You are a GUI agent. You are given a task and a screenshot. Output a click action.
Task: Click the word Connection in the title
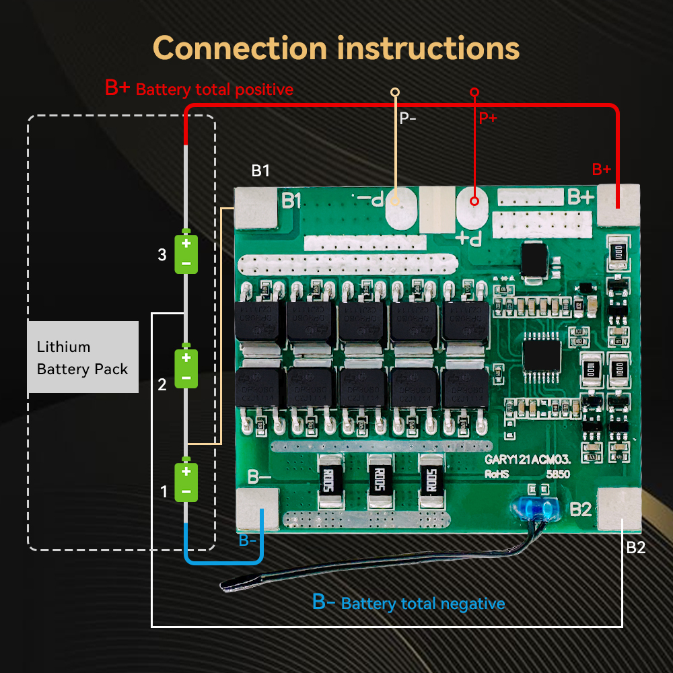[240, 48]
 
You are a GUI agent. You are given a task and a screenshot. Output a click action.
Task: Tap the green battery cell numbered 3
[186, 254]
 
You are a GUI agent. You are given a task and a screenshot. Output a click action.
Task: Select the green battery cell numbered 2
[186, 369]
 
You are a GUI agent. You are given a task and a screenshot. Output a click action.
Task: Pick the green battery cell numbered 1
[186, 483]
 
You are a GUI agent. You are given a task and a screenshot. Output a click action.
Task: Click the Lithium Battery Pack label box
[83, 357]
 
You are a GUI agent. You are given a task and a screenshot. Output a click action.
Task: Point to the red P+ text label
[488, 118]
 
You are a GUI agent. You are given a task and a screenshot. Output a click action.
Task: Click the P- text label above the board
[408, 118]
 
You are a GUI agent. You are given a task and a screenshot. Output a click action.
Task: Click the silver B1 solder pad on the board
[256, 207]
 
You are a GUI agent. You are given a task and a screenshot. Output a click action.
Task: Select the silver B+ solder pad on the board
[617, 205]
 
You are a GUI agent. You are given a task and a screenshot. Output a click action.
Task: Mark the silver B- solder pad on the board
[257, 509]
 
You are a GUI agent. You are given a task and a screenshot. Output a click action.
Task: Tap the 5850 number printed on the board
[558, 474]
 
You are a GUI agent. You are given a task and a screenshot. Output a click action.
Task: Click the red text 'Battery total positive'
[215, 89]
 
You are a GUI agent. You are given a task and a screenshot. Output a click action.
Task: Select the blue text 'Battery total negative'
[423, 603]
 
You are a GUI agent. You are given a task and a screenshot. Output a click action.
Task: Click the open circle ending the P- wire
[396, 92]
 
